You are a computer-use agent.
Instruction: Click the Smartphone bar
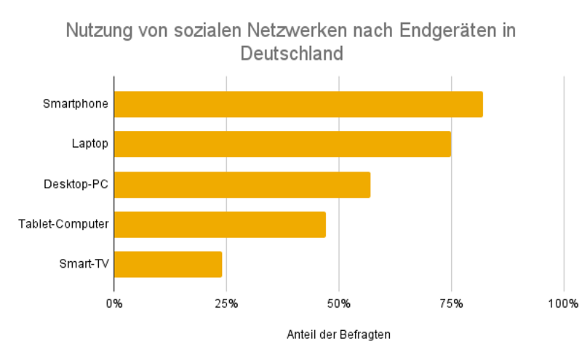298,104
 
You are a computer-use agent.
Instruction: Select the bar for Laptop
282,144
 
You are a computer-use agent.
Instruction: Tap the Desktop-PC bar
242,185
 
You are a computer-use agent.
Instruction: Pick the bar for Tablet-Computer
220,225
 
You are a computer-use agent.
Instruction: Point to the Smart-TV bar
168,265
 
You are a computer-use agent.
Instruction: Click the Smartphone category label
76,104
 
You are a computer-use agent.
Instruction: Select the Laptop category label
89,144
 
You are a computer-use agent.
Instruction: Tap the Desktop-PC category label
76,185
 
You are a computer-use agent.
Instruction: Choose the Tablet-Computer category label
64,225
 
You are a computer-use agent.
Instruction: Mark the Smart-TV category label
84,265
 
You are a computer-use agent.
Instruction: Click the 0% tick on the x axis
114,303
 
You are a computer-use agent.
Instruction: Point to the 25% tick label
226,303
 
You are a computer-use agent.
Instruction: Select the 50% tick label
339,303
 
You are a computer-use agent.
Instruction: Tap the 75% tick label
451,303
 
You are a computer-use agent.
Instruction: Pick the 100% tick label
563,303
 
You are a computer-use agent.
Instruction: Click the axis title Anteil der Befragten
339,335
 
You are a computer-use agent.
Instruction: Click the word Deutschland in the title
291,54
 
